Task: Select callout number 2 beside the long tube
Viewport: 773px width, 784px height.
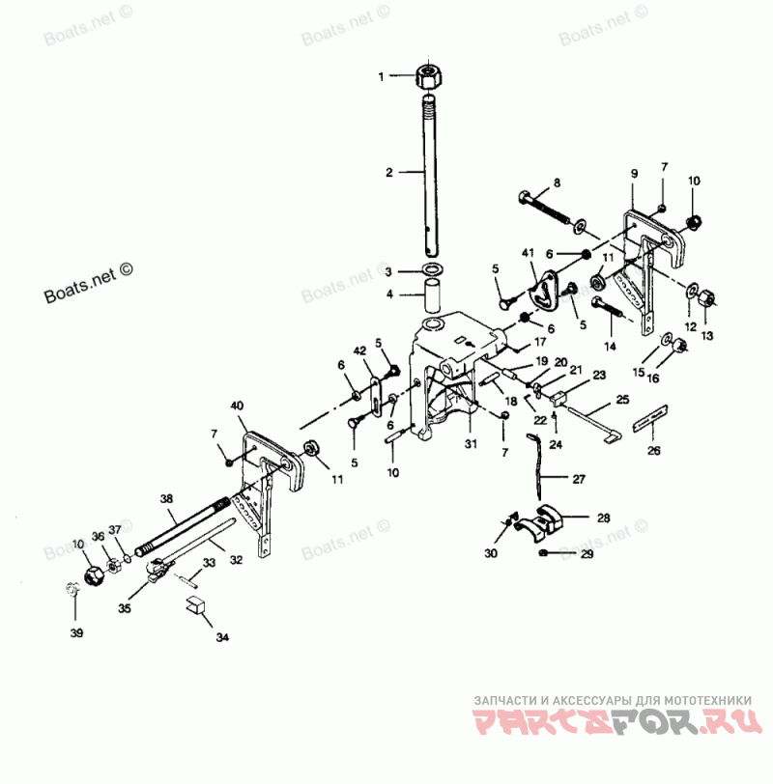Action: (388, 173)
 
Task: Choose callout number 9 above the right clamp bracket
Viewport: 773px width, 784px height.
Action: (634, 173)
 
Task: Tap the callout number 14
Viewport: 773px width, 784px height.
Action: (610, 345)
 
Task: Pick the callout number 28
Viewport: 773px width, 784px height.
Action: (603, 518)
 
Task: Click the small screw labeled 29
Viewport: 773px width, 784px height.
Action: (547, 552)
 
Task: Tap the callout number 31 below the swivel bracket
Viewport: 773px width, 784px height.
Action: (471, 443)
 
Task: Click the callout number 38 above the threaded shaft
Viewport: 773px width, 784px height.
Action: (166, 499)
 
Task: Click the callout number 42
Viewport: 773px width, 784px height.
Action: (359, 350)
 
